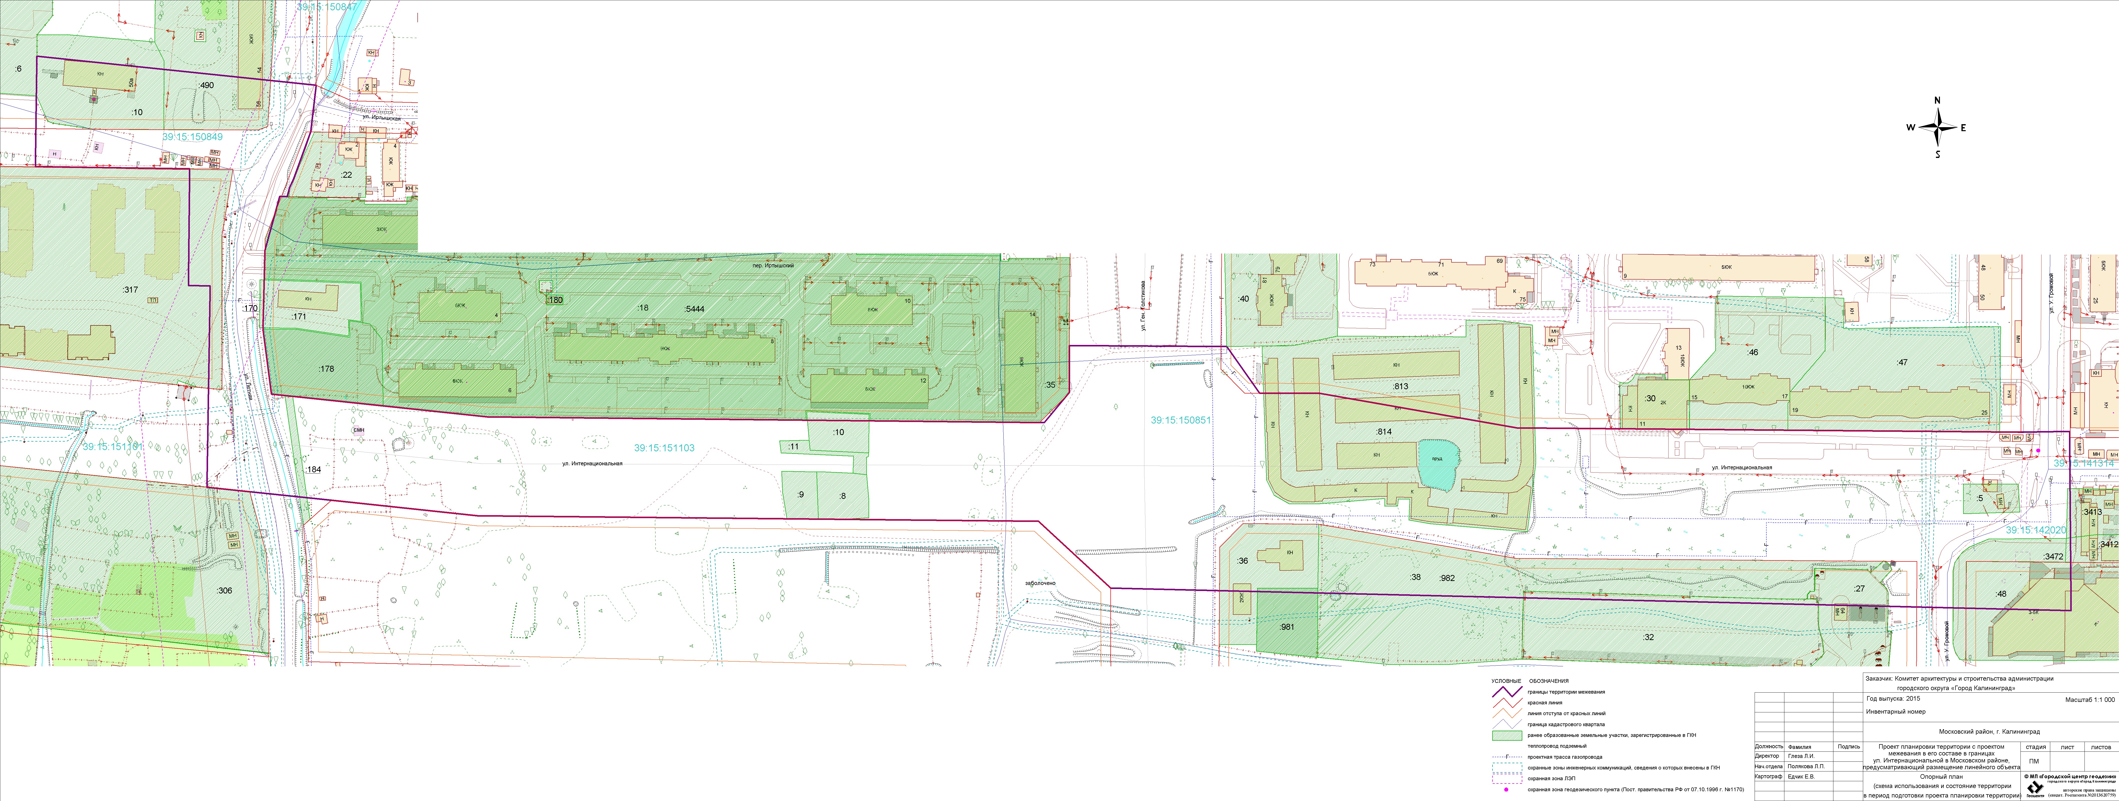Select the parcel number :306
click(x=224, y=590)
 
